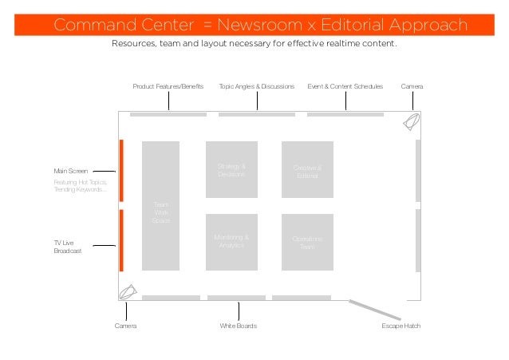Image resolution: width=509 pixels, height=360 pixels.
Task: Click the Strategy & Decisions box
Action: (231, 169)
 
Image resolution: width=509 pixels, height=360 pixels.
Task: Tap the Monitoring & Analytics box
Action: (231, 241)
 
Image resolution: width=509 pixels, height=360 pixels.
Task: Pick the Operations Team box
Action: (307, 242)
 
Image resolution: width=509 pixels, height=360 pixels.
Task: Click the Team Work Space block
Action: (160, 206)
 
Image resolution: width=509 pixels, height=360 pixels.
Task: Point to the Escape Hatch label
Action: (400, 326)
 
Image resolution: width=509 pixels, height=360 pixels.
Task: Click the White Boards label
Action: (238, 326)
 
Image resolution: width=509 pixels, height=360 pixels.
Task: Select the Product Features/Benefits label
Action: (168, 85)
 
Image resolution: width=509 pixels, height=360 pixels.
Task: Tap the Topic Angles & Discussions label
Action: (257, 85)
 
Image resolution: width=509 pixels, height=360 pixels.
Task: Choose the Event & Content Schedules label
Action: (345, 85)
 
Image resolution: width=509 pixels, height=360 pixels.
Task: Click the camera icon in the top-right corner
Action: (412, 121)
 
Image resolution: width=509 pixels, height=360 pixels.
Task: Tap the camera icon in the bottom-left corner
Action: (128, 292)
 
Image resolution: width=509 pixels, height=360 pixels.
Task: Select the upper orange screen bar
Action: (121, 171)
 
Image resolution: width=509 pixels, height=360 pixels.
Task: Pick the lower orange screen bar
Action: (121, 240)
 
